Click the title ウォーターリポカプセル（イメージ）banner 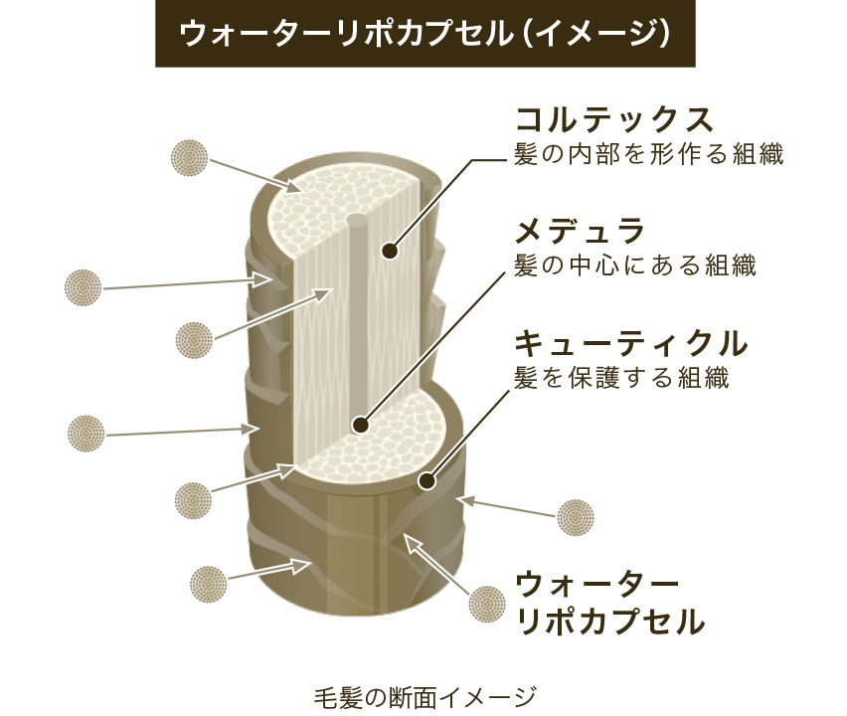pos(423,34)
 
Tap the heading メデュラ pos(580,231)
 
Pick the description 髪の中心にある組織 pos(635,267)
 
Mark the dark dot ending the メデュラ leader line pos(361,425)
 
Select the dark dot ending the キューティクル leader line pos(427,481)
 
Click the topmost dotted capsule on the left pos(191,157)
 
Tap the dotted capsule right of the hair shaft pos(576,517)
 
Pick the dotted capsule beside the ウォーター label pos(487,604)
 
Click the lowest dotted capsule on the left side pos(207,582)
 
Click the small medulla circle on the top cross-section pos(358,217)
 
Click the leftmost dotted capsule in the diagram pos(83,288)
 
